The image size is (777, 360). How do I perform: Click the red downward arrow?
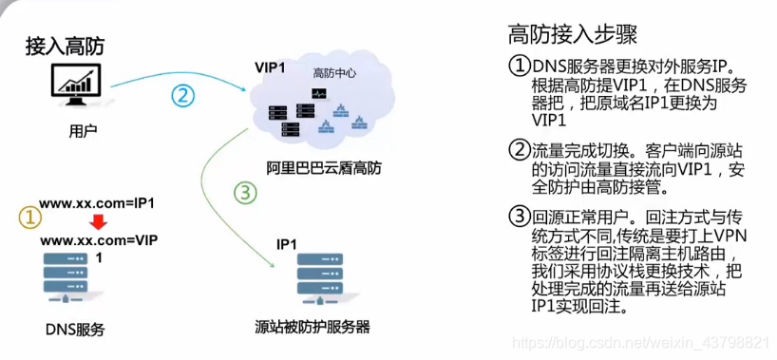tap(84, 221)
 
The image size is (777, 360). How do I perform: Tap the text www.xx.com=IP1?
tap(96, 203)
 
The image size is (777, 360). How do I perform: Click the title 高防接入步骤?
tap(573, 36)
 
